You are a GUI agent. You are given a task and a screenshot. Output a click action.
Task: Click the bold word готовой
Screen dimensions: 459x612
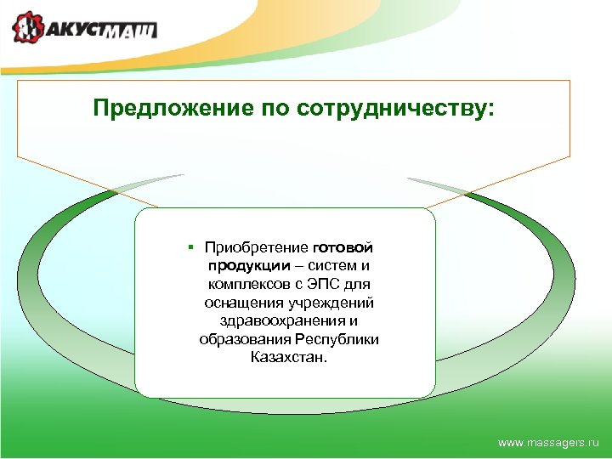click(343, 247)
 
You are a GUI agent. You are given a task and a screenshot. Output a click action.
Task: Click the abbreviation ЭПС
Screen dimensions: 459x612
click(319, 284)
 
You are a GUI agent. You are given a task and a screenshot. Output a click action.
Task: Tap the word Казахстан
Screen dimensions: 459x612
click(288, 357)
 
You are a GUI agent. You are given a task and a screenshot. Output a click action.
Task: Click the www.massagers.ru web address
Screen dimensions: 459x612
click(548, 443)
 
